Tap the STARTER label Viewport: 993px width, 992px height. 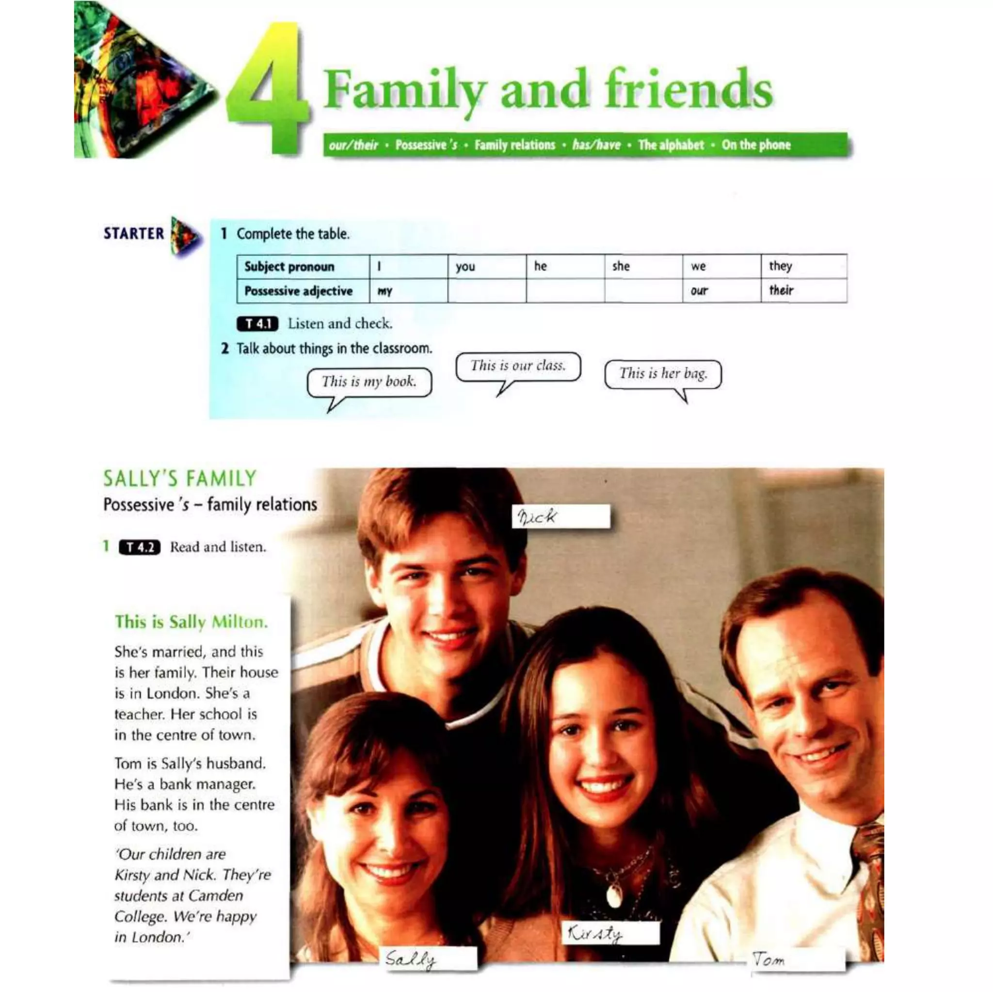[x=134, y=234]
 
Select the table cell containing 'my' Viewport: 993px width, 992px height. [x=408, y=291]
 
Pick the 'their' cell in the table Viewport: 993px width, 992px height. [x=803, y=291]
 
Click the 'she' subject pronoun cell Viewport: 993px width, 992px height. [x=643, y=266]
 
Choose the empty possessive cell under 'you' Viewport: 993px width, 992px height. [x=486, y=291]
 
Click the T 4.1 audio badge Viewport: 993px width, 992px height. [x=257, y=324]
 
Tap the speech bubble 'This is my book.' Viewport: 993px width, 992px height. [x=369, y=382]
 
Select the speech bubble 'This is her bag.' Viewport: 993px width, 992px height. [x=662, y=374]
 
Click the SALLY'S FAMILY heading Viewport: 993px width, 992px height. [x=179, y=479]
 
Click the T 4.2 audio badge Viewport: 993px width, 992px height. [x=139, y=547]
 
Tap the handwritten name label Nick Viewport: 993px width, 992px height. [x=561, y=516]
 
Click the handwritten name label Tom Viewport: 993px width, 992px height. [x=796, y=959]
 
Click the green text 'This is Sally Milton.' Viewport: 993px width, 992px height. [x=191, y=623]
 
